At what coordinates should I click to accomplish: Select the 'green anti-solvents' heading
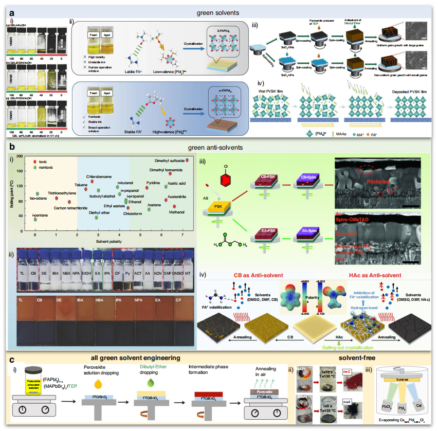pyautogui.click(x=218, y=147)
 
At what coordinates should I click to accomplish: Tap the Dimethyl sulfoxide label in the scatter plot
pyautogui.click(x=171, y=160)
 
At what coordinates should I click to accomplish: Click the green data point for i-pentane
pyautogui.click(x=35, y=219)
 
